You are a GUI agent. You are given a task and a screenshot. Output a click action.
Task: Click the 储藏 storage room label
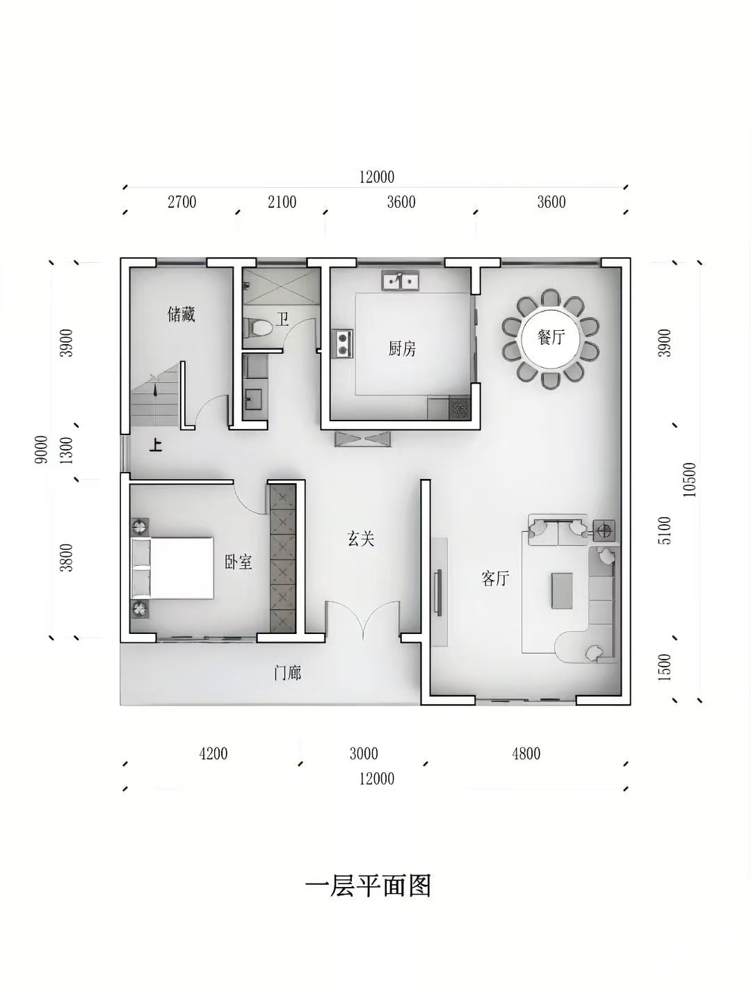pos(181,315)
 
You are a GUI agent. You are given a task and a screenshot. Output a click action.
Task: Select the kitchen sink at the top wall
pos(401,280)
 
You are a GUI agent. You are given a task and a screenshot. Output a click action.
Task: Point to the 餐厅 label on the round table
pos(551,337)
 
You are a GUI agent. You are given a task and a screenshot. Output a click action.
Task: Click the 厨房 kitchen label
pos(402,350)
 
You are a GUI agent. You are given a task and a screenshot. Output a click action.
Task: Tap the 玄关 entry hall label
pos(361,539)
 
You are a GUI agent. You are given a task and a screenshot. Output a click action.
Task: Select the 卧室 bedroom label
pos(239,562)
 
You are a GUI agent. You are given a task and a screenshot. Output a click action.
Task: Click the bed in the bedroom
pos(172,568)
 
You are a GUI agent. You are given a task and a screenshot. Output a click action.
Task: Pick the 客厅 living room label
pos(495,578)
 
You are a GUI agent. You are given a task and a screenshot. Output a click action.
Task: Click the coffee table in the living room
pos(562,591)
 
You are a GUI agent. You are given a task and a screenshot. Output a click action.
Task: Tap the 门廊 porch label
pos(287,673)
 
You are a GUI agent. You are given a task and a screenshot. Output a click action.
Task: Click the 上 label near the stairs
pos(156,445)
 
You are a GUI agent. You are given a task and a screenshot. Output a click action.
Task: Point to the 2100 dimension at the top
pos(282,202)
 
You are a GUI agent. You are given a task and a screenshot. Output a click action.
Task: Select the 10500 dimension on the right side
pos(690,480)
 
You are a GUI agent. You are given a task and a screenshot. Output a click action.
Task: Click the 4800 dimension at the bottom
pos(526,754)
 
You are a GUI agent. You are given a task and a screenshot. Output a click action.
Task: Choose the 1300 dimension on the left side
pos(67,450)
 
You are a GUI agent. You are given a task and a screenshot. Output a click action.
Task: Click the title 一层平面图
pos(368,886)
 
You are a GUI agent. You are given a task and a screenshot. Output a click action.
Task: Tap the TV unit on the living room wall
pos(439,592)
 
